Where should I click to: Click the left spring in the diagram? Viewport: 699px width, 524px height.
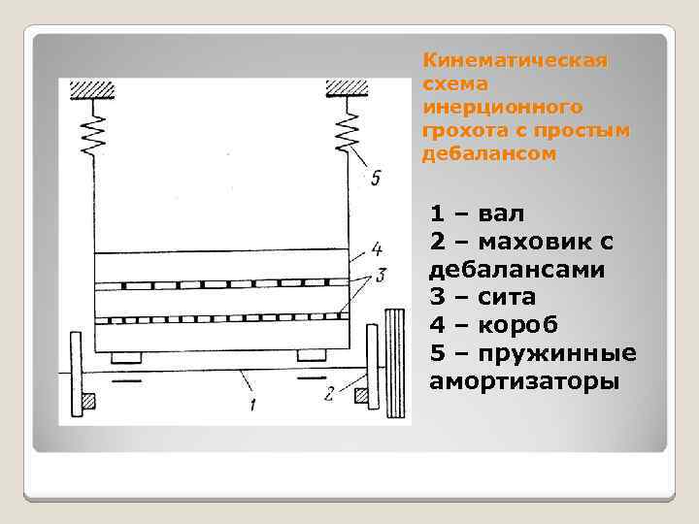coord(95,130)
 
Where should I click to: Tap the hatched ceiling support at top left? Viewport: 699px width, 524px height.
coord(94,88)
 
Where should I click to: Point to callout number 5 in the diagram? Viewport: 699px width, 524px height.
coord(376,178)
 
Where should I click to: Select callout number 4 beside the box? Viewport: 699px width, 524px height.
coord(376,246)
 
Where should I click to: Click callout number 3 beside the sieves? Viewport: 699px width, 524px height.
coord(382,275)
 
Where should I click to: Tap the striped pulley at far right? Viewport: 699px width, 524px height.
coord(393,362)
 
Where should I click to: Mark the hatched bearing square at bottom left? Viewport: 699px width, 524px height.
coord(88,399)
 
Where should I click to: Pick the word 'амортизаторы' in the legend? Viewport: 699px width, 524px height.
coord(522,380)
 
